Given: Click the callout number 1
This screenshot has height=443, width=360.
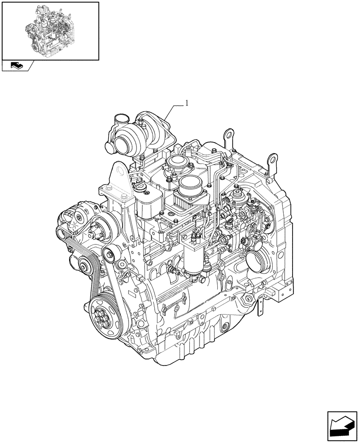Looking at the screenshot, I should [x=187, y=103].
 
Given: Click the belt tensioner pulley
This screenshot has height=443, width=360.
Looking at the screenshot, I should [x=109, y=254].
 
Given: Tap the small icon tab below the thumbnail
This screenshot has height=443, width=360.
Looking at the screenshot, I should [x=16, y=66].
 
